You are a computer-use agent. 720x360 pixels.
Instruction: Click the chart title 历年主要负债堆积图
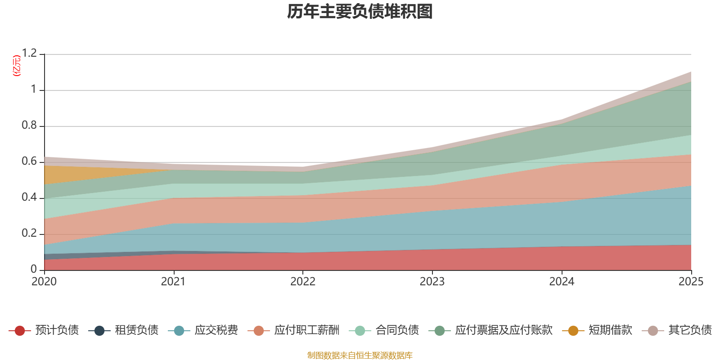tap(360, 12)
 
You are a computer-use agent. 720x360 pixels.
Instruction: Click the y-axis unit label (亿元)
tap(17, 66)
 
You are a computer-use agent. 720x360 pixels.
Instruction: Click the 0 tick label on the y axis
tap(34, 269)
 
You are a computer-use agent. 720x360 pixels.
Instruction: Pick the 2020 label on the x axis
tap(44, 282)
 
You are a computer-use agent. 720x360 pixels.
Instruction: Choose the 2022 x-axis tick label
tap(303, 282)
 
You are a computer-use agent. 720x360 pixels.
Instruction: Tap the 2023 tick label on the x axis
tap(432, 282)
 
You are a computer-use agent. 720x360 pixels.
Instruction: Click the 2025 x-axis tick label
tap(690, 282)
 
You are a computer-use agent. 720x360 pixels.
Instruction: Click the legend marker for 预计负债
tap(20, 331)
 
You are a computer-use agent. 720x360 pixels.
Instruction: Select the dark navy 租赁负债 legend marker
tap(99, 331)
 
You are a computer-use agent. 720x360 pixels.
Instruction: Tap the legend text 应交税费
tap(216, 330)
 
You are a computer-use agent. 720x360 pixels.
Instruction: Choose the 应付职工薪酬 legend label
tap(307, 330)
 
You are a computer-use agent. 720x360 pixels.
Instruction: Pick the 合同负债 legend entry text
tap(397, 330)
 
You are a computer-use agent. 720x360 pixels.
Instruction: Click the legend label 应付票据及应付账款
tap(504, 330)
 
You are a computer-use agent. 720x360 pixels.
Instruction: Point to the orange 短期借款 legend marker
tap(573, 331)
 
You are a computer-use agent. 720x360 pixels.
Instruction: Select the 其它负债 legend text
tap(690, 330)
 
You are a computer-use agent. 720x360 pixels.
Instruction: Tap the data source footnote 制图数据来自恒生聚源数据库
tap(360, 355)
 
